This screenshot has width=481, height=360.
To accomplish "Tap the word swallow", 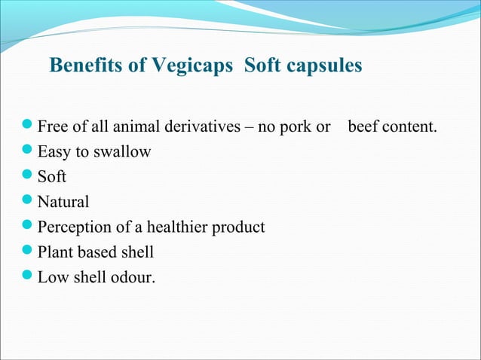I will point(122,152).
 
